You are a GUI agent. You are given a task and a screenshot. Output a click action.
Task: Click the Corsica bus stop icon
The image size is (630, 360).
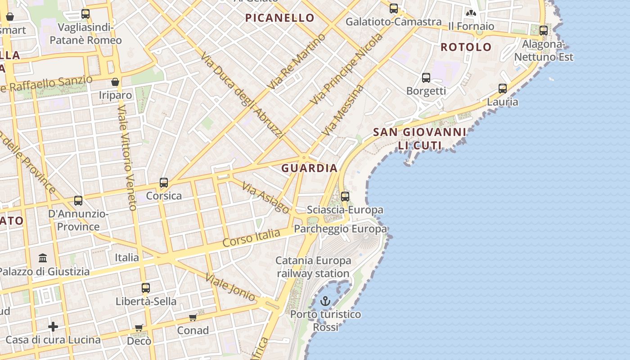pos(164,183)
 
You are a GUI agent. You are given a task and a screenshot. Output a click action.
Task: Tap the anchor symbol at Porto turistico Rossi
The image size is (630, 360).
pos(325,301)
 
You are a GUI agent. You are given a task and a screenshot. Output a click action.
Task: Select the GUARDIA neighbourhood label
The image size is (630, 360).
pos(309,168)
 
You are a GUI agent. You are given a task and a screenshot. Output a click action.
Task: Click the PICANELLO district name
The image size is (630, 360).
pos(280,18)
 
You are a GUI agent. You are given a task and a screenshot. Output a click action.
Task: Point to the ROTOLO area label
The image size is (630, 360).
pos(466,47)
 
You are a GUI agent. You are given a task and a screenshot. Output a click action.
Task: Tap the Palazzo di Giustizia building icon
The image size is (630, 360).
pos(43,258)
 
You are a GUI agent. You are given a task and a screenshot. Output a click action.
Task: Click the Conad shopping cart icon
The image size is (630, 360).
pos(193,318)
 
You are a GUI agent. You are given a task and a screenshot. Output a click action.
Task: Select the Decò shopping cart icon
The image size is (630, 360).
pos(139,328)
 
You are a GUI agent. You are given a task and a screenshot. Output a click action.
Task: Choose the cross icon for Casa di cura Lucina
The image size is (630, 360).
pos(53,326)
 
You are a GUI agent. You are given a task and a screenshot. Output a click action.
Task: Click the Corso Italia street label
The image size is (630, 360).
pos(252,238)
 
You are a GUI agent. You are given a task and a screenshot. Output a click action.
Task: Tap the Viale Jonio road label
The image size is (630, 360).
pos(230,287)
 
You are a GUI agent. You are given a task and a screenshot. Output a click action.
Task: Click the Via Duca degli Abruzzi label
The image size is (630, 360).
pos(243,95)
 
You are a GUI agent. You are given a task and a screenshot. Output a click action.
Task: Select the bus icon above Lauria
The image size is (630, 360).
pos(503,89)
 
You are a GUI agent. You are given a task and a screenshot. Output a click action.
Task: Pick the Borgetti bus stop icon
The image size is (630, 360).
pos(426,78)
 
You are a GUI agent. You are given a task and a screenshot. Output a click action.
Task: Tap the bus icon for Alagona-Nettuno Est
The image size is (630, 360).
pos(544,31)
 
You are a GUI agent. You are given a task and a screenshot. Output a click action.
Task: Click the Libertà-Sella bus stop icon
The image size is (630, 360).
pos(146,288)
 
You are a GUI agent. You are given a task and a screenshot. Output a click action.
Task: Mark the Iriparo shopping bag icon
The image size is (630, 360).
pos(115,82)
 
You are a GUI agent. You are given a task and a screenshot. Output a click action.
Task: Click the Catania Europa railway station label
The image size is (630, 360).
pos(313,267)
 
